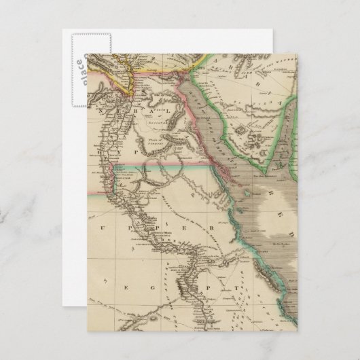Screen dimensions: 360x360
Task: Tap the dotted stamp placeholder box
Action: tap(87, 64)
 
